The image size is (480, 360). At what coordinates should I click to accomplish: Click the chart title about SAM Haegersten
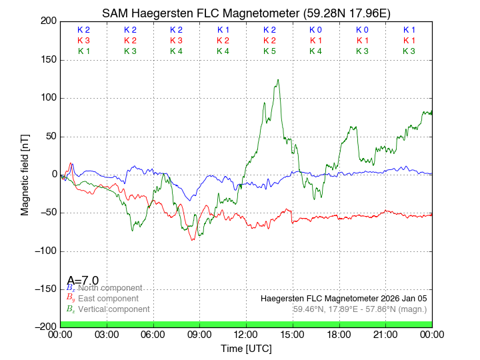click(246, 13)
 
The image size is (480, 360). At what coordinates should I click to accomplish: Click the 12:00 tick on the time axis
click(246, 333)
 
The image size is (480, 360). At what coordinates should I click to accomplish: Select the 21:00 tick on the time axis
click(385, 333)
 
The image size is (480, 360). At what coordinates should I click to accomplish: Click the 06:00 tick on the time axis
click(153, 333)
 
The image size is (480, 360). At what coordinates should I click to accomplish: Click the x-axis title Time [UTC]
click(246, 348)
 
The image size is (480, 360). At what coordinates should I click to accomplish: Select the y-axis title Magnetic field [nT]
click(25, 174)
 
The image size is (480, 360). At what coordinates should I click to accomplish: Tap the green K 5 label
click(269, 51)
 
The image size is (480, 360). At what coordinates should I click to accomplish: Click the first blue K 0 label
click(315, 30)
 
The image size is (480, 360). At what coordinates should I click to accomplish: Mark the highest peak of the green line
click(278, 80)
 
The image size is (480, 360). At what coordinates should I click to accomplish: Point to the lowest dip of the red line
click(193, 240)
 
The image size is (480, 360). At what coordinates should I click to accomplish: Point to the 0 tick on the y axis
click(53, 175)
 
